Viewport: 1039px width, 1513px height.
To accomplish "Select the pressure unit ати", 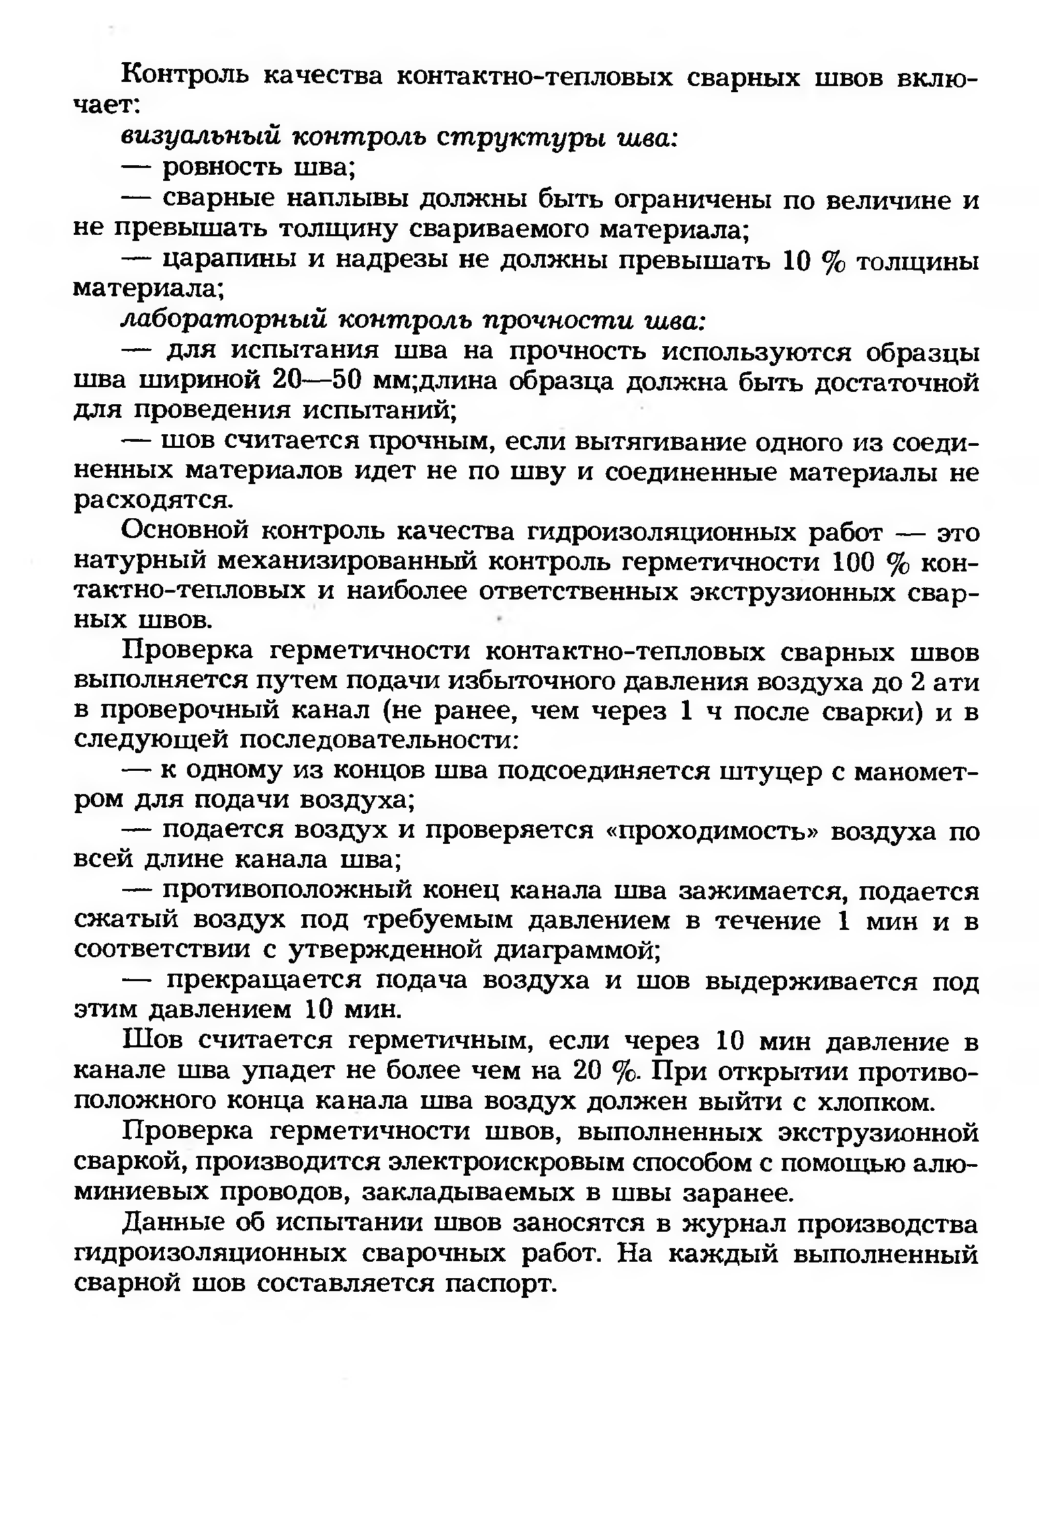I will pos(954,682).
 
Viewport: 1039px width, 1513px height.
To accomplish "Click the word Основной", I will pos(184,531).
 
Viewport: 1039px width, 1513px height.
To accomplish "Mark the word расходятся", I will pos(153,501).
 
